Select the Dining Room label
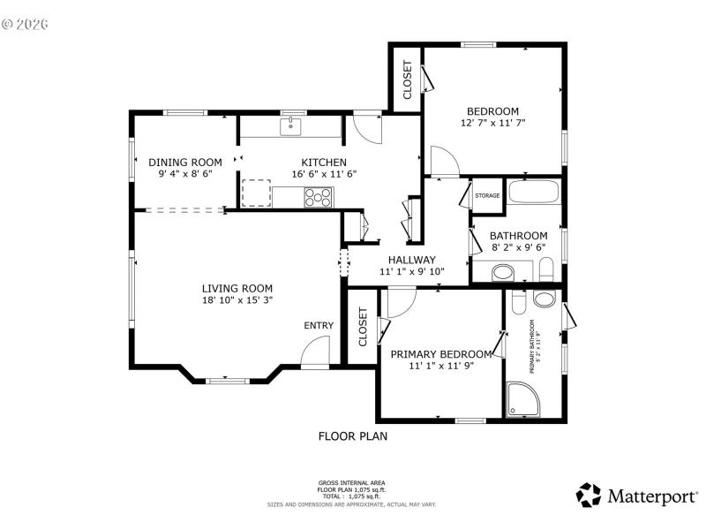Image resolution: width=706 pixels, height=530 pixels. (x=184, y=162)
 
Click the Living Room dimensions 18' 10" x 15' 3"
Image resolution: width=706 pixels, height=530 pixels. (x=237, y=300)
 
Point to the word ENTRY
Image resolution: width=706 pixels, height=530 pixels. (x=319, y=325)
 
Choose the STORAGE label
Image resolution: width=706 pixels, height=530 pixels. (x=487, y=195)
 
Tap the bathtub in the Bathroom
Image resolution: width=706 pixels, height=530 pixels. (x=535, y=193)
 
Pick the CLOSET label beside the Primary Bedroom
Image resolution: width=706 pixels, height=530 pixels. (x=363, y=326)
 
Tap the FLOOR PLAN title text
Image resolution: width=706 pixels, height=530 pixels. (x=352, y=435)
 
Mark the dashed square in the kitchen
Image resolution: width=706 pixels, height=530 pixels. (x=256, y=193)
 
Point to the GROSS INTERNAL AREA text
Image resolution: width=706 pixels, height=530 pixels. (x=352, y=483)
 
